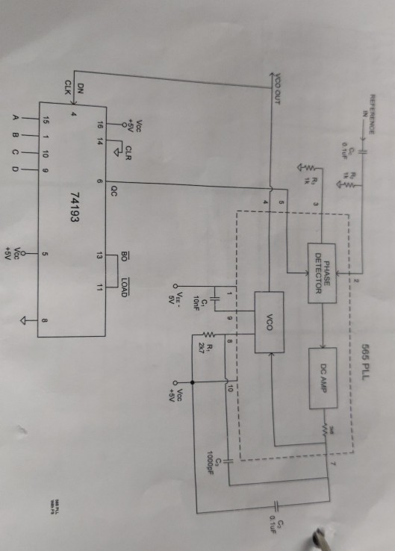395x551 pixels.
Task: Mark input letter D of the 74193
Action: [x=16, y=171]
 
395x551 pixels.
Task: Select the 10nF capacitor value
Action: [x=197, y=297]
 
